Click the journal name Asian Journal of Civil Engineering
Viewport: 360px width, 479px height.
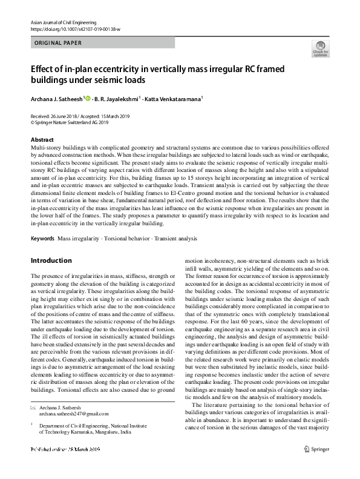[x=59, y=21]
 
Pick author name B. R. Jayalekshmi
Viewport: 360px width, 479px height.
[x=117, y=99]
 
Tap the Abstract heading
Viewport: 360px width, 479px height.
[x=42, y=139]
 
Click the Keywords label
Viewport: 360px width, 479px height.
[x=43, y=222]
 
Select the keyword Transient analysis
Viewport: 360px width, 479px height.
[x=176, y=222]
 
